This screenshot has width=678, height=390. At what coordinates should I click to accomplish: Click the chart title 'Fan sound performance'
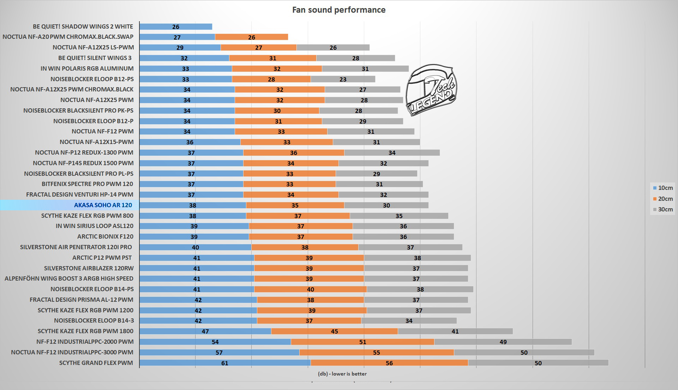click(x=338, y=10)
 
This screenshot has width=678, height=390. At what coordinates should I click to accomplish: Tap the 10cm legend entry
click(x=662, y=188)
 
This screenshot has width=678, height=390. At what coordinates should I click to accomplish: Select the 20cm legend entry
click(x=662, y=199)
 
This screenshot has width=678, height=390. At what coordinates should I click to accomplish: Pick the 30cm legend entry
click(x=662, y=209)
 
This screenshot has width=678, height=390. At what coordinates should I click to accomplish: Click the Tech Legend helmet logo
click(x=431, y=90)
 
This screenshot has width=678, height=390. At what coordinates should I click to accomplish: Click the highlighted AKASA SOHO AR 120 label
click(x=103, y=205)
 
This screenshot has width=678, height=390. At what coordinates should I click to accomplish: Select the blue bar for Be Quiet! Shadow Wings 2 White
click(x=176, y=26)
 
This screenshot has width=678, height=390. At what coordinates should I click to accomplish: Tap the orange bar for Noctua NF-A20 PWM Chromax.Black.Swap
click(x=251, y=37)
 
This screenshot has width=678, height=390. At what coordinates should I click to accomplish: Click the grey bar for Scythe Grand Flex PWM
click(x=538, y=363)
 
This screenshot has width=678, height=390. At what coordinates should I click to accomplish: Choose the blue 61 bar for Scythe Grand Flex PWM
click(x=225, y=363)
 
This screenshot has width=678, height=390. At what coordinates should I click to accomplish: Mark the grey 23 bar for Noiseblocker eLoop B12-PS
click(x=343, y=79)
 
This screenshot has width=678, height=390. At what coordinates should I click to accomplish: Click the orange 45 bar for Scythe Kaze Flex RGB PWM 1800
click(x=334, y=331)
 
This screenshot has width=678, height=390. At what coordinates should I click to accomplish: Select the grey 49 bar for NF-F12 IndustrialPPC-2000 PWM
click(x=503, y=342)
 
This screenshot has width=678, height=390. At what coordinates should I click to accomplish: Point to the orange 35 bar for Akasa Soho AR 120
click(x=295, y=205)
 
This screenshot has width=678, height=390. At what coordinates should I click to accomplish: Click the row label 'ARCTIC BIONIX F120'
click(x=105, y=236)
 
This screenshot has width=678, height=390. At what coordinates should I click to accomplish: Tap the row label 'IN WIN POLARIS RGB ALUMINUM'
click(x=87, y=68)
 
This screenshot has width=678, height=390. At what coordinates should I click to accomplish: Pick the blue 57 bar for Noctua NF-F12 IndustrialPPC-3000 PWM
click(x=219, y=352)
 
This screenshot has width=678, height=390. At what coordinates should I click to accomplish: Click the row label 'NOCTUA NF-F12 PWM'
click(x=102, y=131)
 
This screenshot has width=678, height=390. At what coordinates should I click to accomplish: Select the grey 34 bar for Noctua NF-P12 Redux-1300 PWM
click(x=392, y=152)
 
